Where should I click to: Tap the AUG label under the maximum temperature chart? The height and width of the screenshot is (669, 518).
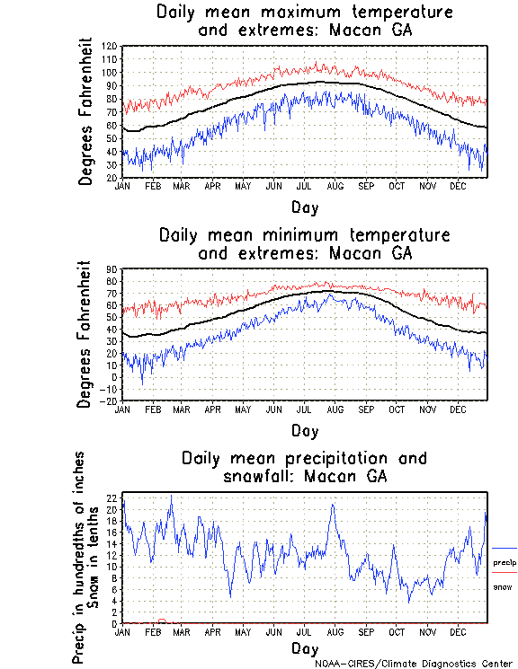pyautogui.click(x=335, y=186)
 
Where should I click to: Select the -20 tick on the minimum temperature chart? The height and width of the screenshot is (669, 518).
pyautogui.click(x=110, y=401)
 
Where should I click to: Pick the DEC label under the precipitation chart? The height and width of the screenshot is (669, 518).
pyautogui.click(x=458, y=631)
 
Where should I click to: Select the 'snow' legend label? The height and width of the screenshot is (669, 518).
pyautogui.click(x=502, y=586)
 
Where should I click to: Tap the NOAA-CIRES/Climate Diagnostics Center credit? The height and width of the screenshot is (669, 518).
pyautogui.click(x=415, y=663)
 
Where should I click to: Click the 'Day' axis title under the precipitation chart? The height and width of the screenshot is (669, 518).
pyautogui.click(x=304, y=647)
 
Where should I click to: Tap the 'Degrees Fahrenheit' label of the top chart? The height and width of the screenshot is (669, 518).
pyautogui.click(x=86, y=111)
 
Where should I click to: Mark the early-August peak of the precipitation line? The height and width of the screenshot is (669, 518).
pyautogui.click(x=333, y=505)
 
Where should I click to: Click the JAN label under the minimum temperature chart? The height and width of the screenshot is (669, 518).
pyautogui.click(x=122, y=409)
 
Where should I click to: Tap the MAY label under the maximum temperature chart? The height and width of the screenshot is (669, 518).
pyautogui.click(x=243, y=186)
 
